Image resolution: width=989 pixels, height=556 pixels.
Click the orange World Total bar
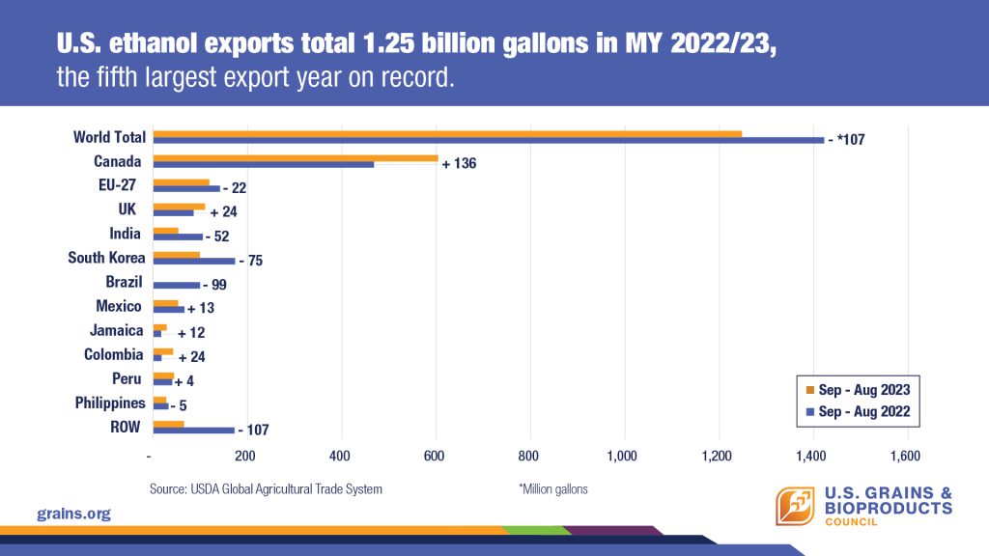pyautogui.click(x=447, y=133)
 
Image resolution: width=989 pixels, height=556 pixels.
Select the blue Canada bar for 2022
pyautogui.click(x=264, y=164)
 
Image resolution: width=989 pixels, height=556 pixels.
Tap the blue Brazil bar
pyautogui.click(x=177, y=285)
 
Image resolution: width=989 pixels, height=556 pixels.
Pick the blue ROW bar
pyautogui.click(x=193, y=430)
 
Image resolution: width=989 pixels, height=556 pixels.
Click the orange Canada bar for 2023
pyautogui.click(x=296, y=157)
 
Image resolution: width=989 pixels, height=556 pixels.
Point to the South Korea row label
pyautogui.click(x=106, y=258)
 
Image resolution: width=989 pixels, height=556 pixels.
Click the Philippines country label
pyautogui.click(x=110, y=403)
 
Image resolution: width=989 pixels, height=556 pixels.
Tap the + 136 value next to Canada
pyautogui.click(x=459, y=164)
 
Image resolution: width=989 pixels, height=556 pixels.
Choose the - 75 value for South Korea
pyautogui.click(x=250, y=261)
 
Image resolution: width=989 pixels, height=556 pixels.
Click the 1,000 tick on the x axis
pyautogui.click(x=623, y=456)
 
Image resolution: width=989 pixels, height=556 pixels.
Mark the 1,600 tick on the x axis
pyautogui.click(x=906, y=456)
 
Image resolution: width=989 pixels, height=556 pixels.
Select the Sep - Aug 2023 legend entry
pyautogui.click(x=857, y=390)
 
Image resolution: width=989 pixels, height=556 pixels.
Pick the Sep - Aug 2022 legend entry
pyautogui.click(x=857, y=410)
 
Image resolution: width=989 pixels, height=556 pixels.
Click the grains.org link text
pyautogui.click(x=73, y=514)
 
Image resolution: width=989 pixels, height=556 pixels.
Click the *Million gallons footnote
pyautogui.click(x=553, y=489)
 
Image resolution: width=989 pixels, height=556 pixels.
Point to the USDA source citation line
pyautogui.click(x=266, y=489)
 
